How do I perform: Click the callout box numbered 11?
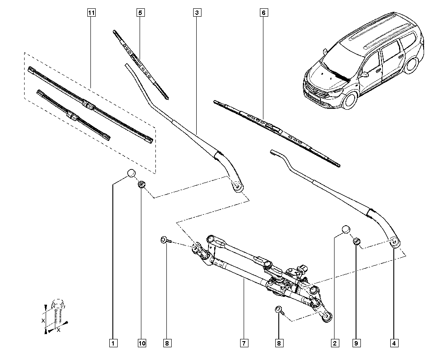pyautogui.click(x=91, y=13)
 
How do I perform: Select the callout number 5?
pyautogui.click(x=140, y=13)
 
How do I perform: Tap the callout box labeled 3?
pyautogui.click(x=197, y=13)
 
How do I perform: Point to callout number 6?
pyautogui.click(x=263, y=13)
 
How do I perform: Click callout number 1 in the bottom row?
pyautogui.click(x=113, y=343)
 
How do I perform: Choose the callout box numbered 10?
pyautogui.click(x=142, y=343)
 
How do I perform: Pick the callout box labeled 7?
pyautogui.click(x=244, y=343)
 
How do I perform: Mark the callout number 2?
pyautogui.click(x=335, y=343)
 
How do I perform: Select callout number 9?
pyautogui.click(x=356, y=343)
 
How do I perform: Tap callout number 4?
pyautogui.click(x=394, y=343)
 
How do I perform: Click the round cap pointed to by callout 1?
pyautogui.click(x=132, y=173)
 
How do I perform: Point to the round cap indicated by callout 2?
pyautogui.click(x=346, y=229)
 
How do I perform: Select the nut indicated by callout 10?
pyautogui.click(x=141, y=185)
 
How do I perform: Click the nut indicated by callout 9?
pyautogui.click(x=356, y=241)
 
